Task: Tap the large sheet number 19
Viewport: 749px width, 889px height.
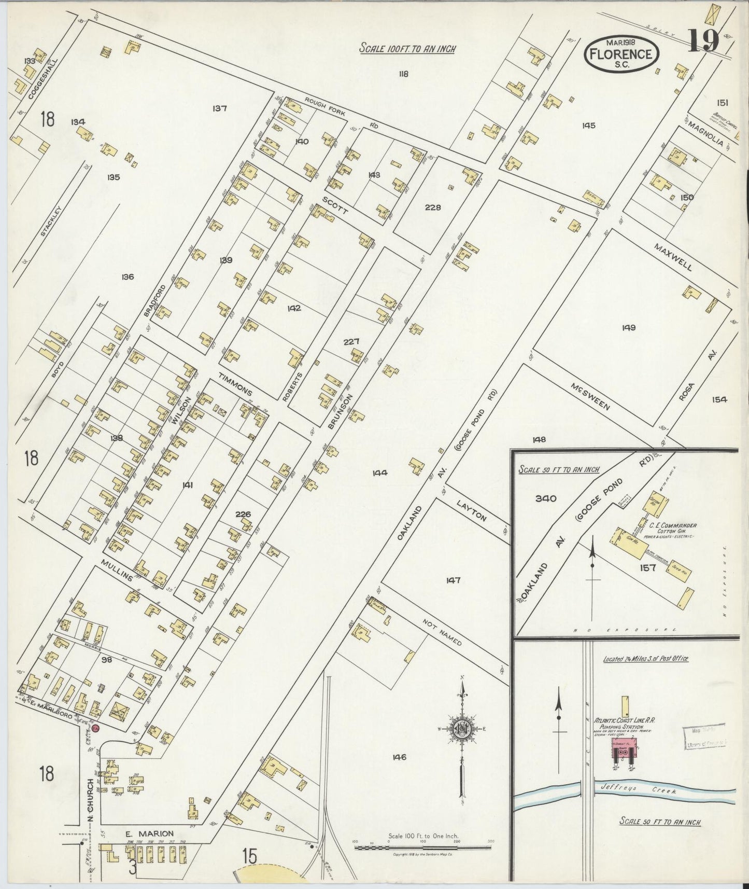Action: (703, 40)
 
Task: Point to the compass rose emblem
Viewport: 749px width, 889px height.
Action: (460, 727)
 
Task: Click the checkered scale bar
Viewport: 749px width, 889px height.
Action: (422, 848)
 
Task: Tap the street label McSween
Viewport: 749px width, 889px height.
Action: (590, 397)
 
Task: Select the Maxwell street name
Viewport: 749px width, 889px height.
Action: (673, 257)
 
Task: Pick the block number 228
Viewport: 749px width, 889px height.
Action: (432, 207)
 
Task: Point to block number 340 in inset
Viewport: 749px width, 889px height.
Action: (545, 498)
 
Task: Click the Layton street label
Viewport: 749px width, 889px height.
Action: (472, 510)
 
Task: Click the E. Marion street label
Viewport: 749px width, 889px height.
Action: (149, 834)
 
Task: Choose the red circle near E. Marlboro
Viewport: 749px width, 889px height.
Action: (95, 729)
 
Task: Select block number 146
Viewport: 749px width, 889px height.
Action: (399, 757)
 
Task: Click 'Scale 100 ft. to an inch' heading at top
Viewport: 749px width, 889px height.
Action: (408, 49)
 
